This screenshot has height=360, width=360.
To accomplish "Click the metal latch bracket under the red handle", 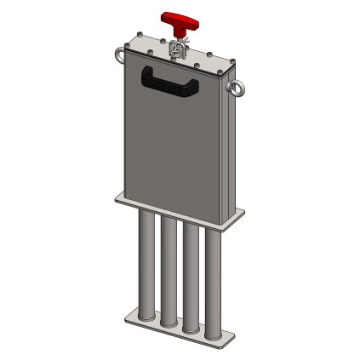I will [180, 49].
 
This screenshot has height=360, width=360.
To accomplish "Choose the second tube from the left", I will [169, 271].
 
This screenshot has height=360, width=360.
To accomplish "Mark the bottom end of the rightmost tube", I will [214, 333].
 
